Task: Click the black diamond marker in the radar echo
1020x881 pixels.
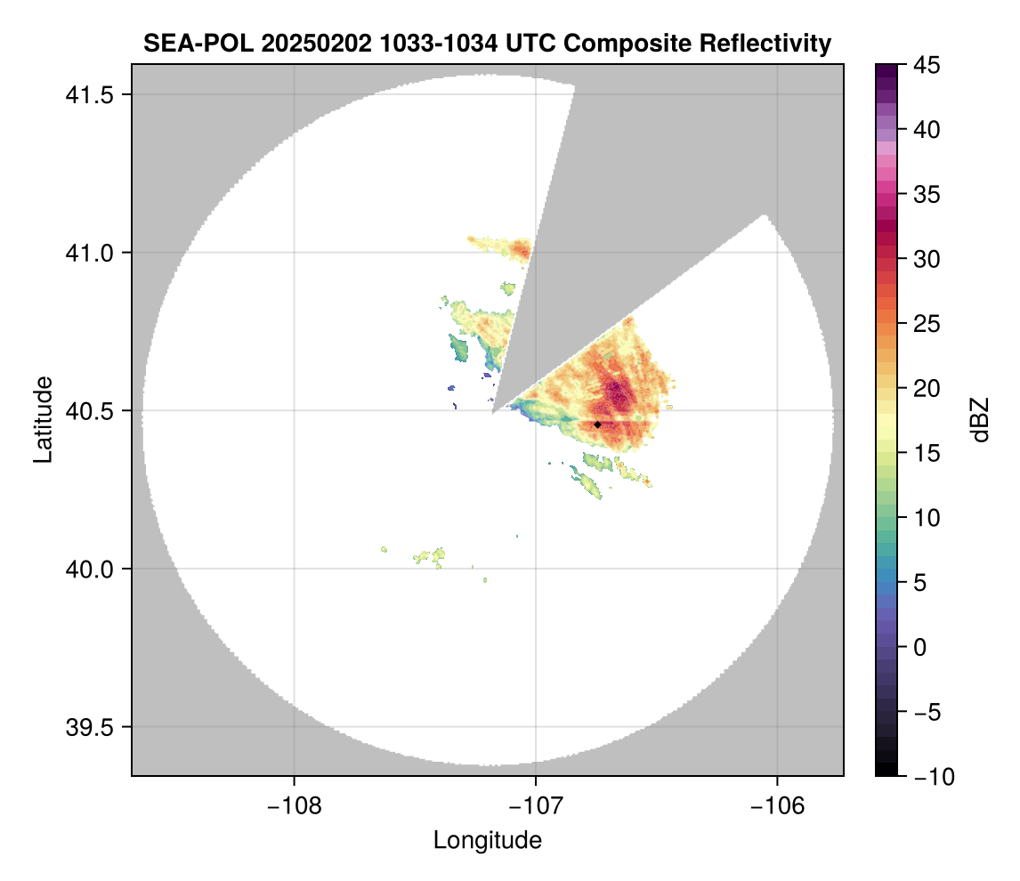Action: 597,424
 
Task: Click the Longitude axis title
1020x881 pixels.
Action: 488,840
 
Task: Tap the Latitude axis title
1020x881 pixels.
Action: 43,419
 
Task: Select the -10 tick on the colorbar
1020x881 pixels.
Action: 930,777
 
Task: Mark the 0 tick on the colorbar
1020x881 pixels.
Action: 918,647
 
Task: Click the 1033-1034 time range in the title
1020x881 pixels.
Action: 407,43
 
